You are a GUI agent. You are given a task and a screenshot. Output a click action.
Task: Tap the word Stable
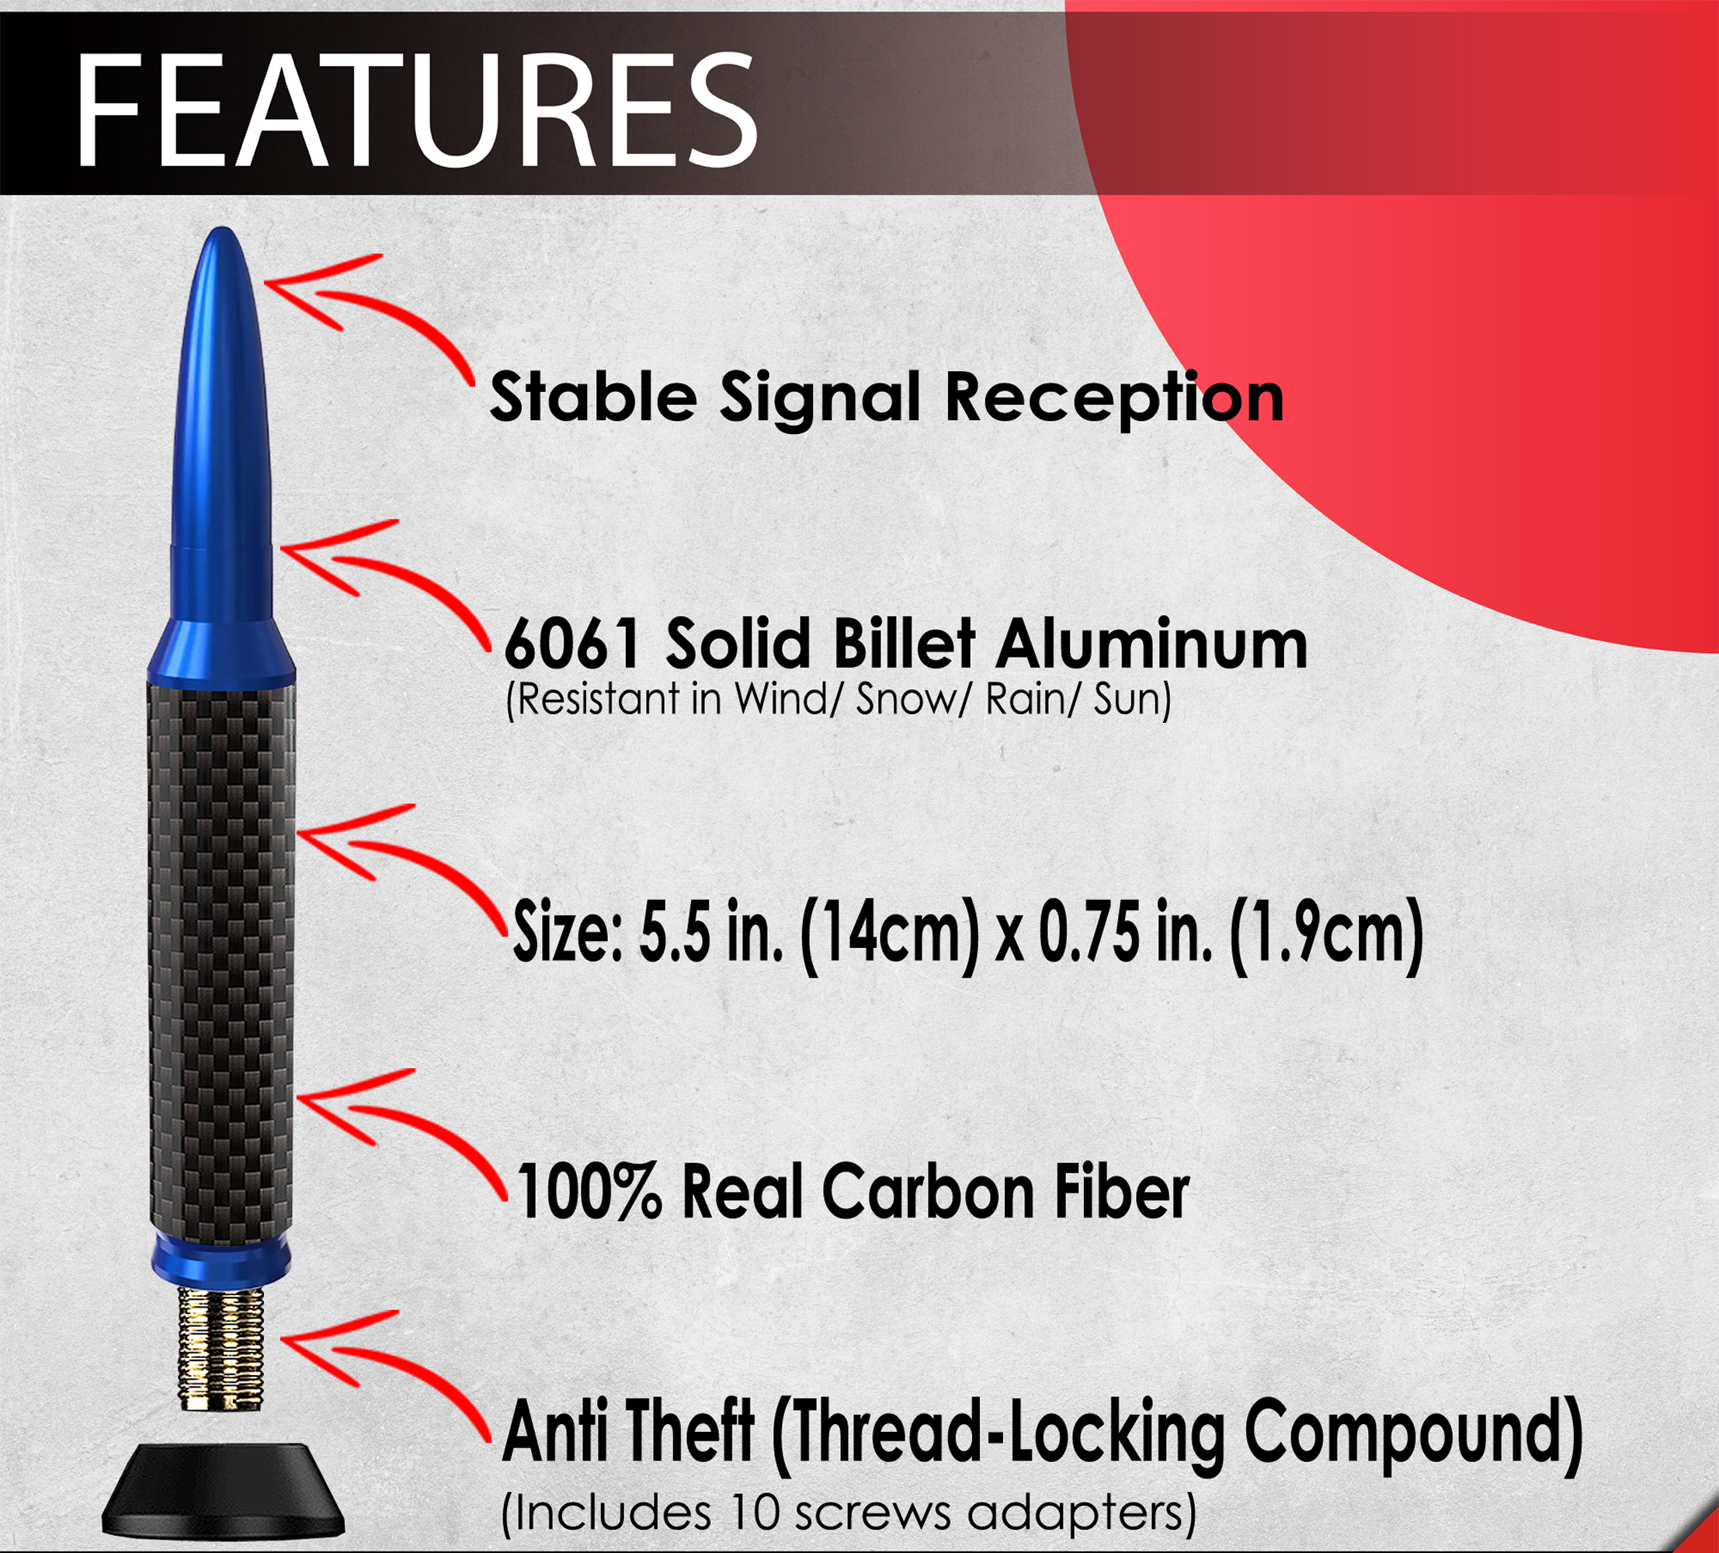pos(593,397)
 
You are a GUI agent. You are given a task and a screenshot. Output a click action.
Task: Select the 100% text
pos(589,1191)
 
